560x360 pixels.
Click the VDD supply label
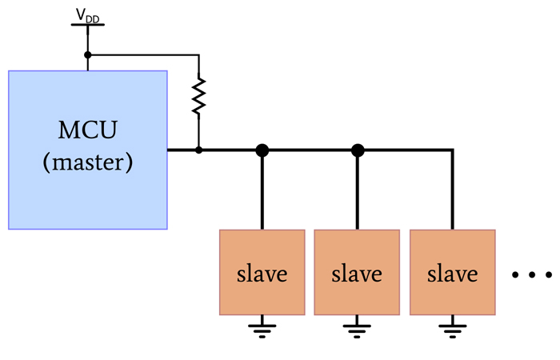[x=87, y=15]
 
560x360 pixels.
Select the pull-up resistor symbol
[x=198, y=95]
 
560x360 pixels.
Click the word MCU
[x=87, y=130]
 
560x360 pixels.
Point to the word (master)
[x=87, y=162]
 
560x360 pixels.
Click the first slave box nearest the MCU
[x=262, y=272]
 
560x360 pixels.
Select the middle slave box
[x=357, y=272]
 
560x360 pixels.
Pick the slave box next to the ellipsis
[x=452, y=272]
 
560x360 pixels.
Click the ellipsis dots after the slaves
[x=532, y=275]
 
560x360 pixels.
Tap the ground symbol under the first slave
[x=262, y=328]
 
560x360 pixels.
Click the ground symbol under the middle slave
[x=357, y=328]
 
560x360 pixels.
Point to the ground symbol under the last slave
[x=452, y=328]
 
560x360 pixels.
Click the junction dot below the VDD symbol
[x=87, y=55]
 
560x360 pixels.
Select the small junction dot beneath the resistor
[x=198, y=150]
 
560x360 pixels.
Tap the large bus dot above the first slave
[x=262, y=150]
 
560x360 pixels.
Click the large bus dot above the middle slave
[x=358, y=150]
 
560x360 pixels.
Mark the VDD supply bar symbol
[x=87, y=25]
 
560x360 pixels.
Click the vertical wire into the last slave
[x=452, y=192]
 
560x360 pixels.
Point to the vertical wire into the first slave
[x=262, y=192]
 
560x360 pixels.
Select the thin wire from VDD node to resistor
[x=144, y=55]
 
